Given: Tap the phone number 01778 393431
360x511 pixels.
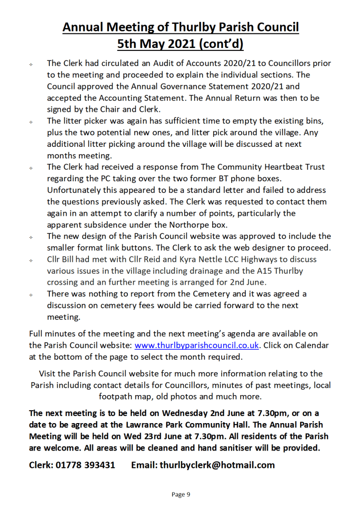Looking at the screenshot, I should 86,465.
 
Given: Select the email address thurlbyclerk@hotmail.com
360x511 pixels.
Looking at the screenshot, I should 217,465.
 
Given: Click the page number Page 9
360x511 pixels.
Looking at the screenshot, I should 181,495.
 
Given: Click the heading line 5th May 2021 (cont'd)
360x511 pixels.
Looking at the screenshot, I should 180,45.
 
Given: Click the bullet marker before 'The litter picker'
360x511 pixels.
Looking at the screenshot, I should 31,122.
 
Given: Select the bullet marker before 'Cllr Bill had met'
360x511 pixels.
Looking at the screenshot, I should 31,260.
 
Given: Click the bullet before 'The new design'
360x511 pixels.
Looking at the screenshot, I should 31,237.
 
